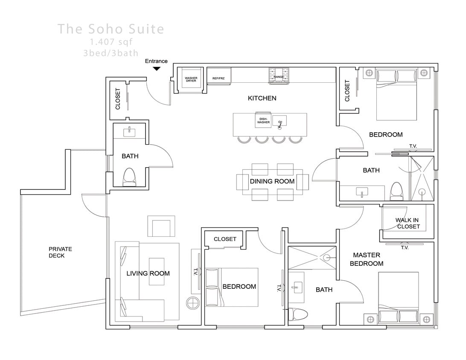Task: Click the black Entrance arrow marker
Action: [157, 68]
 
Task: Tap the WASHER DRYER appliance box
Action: [191, 79]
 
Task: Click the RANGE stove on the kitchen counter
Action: [279, 76]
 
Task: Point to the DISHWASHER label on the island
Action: [263, 121]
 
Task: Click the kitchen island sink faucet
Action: [280, 124]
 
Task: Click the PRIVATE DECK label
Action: [60, 252]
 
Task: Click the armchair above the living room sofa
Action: [161, 226]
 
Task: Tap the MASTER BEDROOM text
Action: [367, 259]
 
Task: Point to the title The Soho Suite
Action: [111, 29]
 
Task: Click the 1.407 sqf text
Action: [111, 43]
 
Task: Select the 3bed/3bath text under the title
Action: [111, 54]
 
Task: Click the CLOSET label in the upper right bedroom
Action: [347, 91]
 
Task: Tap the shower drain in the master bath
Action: [327, 257]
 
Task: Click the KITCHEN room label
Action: [262, 98]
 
